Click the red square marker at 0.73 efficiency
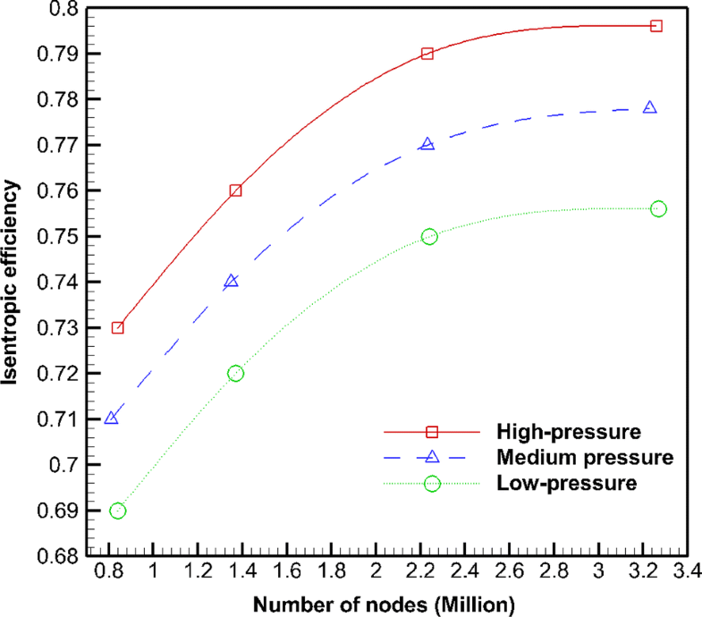[117, 327]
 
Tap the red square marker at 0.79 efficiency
[427, 54]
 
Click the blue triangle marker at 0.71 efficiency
[112, 418]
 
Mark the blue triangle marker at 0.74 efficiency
[232, 281]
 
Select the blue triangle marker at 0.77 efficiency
[427, 144]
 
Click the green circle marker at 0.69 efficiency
[117, 511]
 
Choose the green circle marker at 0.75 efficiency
[429, 236]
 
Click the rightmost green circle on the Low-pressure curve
[659, 208]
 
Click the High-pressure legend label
[566, 432]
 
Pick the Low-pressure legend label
[564, 483]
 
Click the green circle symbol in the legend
[432, 483]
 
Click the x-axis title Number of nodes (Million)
[384, 603]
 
